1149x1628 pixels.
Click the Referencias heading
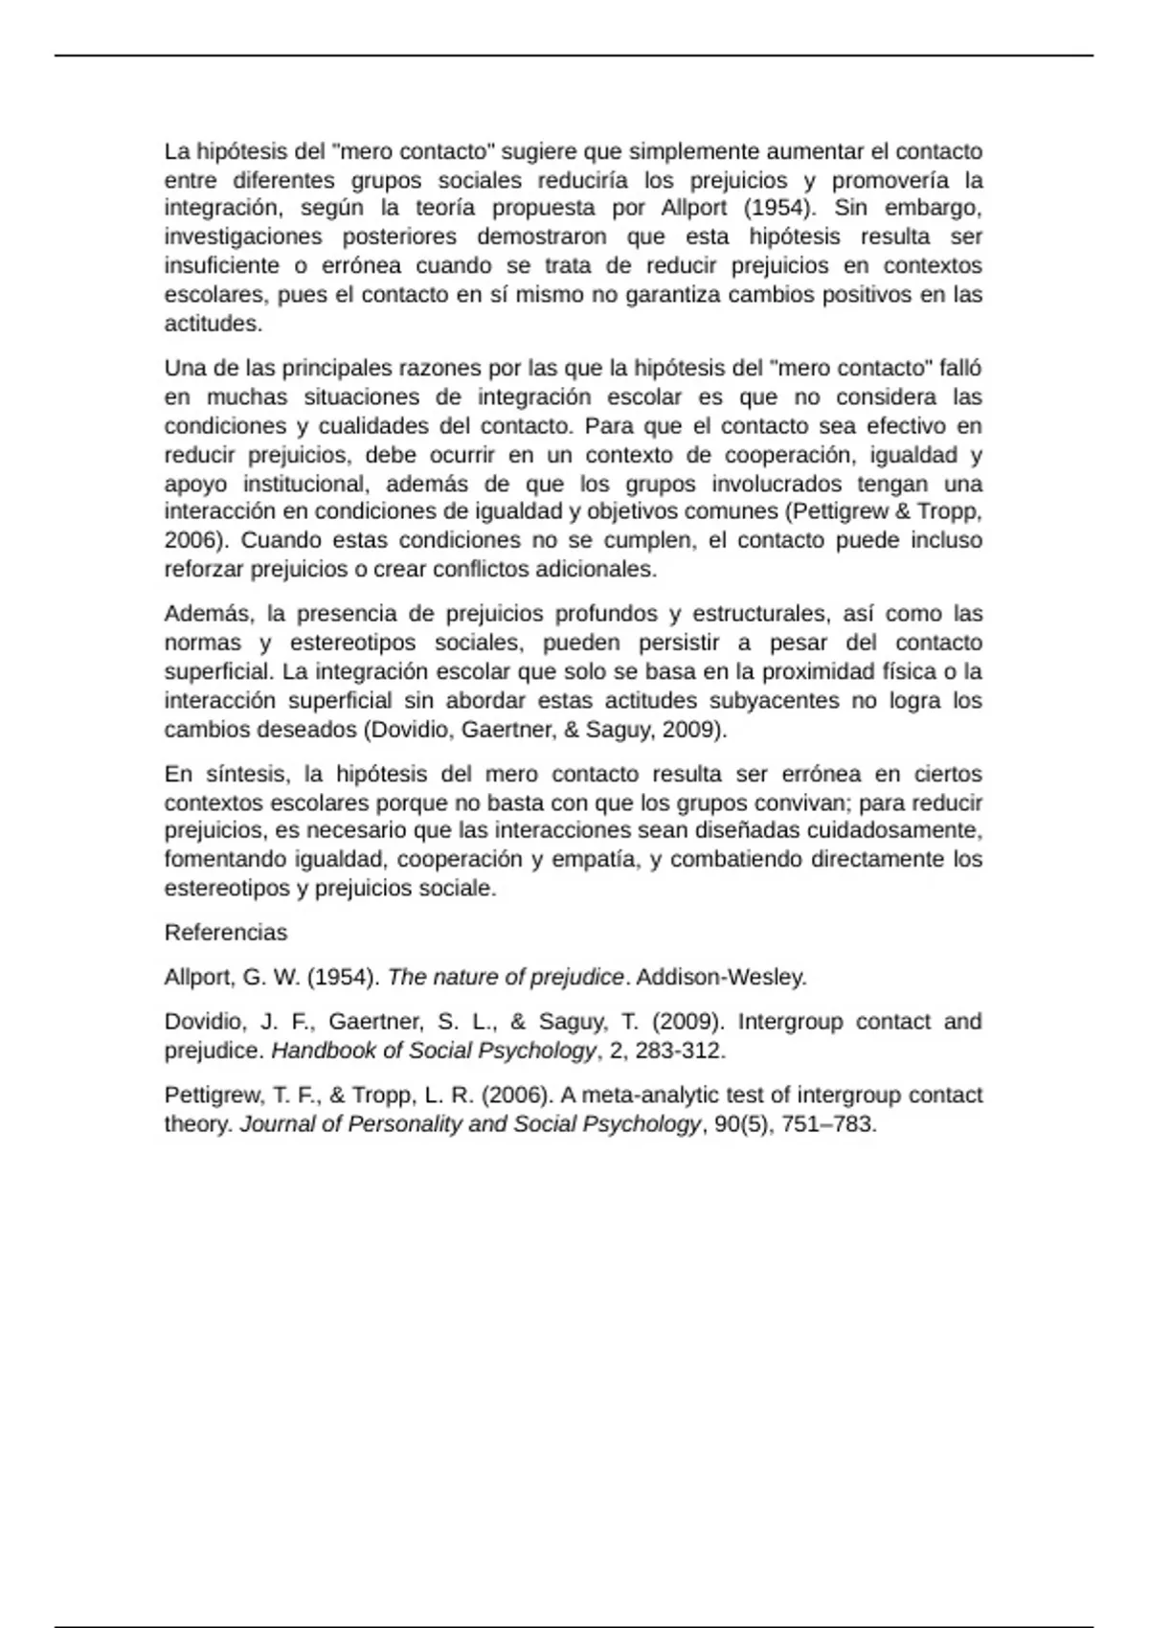pos(225,932)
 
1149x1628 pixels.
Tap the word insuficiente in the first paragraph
pos(222,265)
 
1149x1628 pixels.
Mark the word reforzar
pos(204,569)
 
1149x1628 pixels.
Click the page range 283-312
pos(680,1051)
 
